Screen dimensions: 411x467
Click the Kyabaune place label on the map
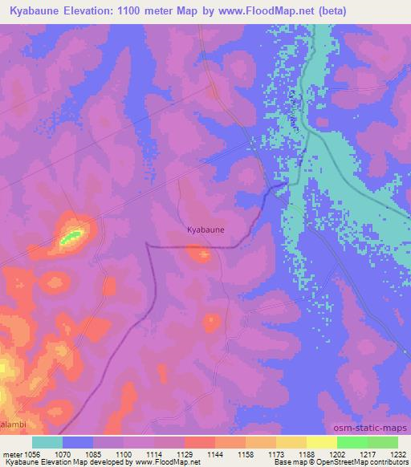pyautogui.click(x=205, y=229)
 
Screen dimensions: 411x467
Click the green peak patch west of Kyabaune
pyautogui.click(x=71, y=237)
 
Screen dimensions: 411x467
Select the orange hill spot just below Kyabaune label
pyautogui.click(x=198, y=255)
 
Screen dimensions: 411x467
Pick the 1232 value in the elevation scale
pyautogui.click(x=397, y=453)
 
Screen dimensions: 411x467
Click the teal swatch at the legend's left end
pyautogui.click(x=47, y=442)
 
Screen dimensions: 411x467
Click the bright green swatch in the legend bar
pyautogui.click(x=352, y=442)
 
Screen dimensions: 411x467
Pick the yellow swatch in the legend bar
pyautogui.click(x=322, y=442)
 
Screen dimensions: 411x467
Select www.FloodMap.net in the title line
pyautogui.click(x=296, y=10)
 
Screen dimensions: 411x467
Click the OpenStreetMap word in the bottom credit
pyautogui.click(x=368, y=463)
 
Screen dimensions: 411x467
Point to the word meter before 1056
pyautogui.click(x=13, y=453)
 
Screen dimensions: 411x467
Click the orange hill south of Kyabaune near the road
pyautogui.click(x=211, y=323)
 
